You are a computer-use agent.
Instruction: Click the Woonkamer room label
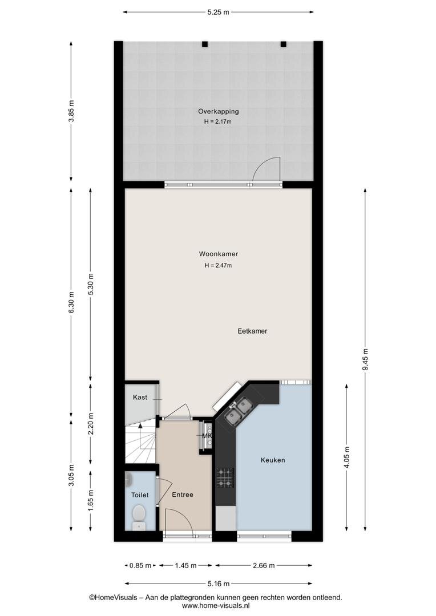click(218, 254)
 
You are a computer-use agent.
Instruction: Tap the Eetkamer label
click(252, 331)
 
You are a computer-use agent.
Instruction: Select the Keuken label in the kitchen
click(273, 460)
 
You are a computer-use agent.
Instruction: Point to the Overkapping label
click(218, 112)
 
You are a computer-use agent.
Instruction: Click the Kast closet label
click(140, 397)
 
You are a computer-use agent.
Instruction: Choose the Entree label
click(183, 495)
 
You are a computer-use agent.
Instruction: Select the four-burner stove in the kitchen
click(225, 478)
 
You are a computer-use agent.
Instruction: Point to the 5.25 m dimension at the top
click(218, 12)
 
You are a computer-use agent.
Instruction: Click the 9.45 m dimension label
click(365, 359)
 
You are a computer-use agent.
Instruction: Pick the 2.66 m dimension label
click(264, 566)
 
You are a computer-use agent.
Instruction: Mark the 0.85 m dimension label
click(140, 566)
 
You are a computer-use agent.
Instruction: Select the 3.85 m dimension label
click(71, 111)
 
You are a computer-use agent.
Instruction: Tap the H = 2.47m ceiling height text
click(218, 266)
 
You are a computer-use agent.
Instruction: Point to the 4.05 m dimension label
click(346, 457)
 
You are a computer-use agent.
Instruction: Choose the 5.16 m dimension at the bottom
click(218, 584)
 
